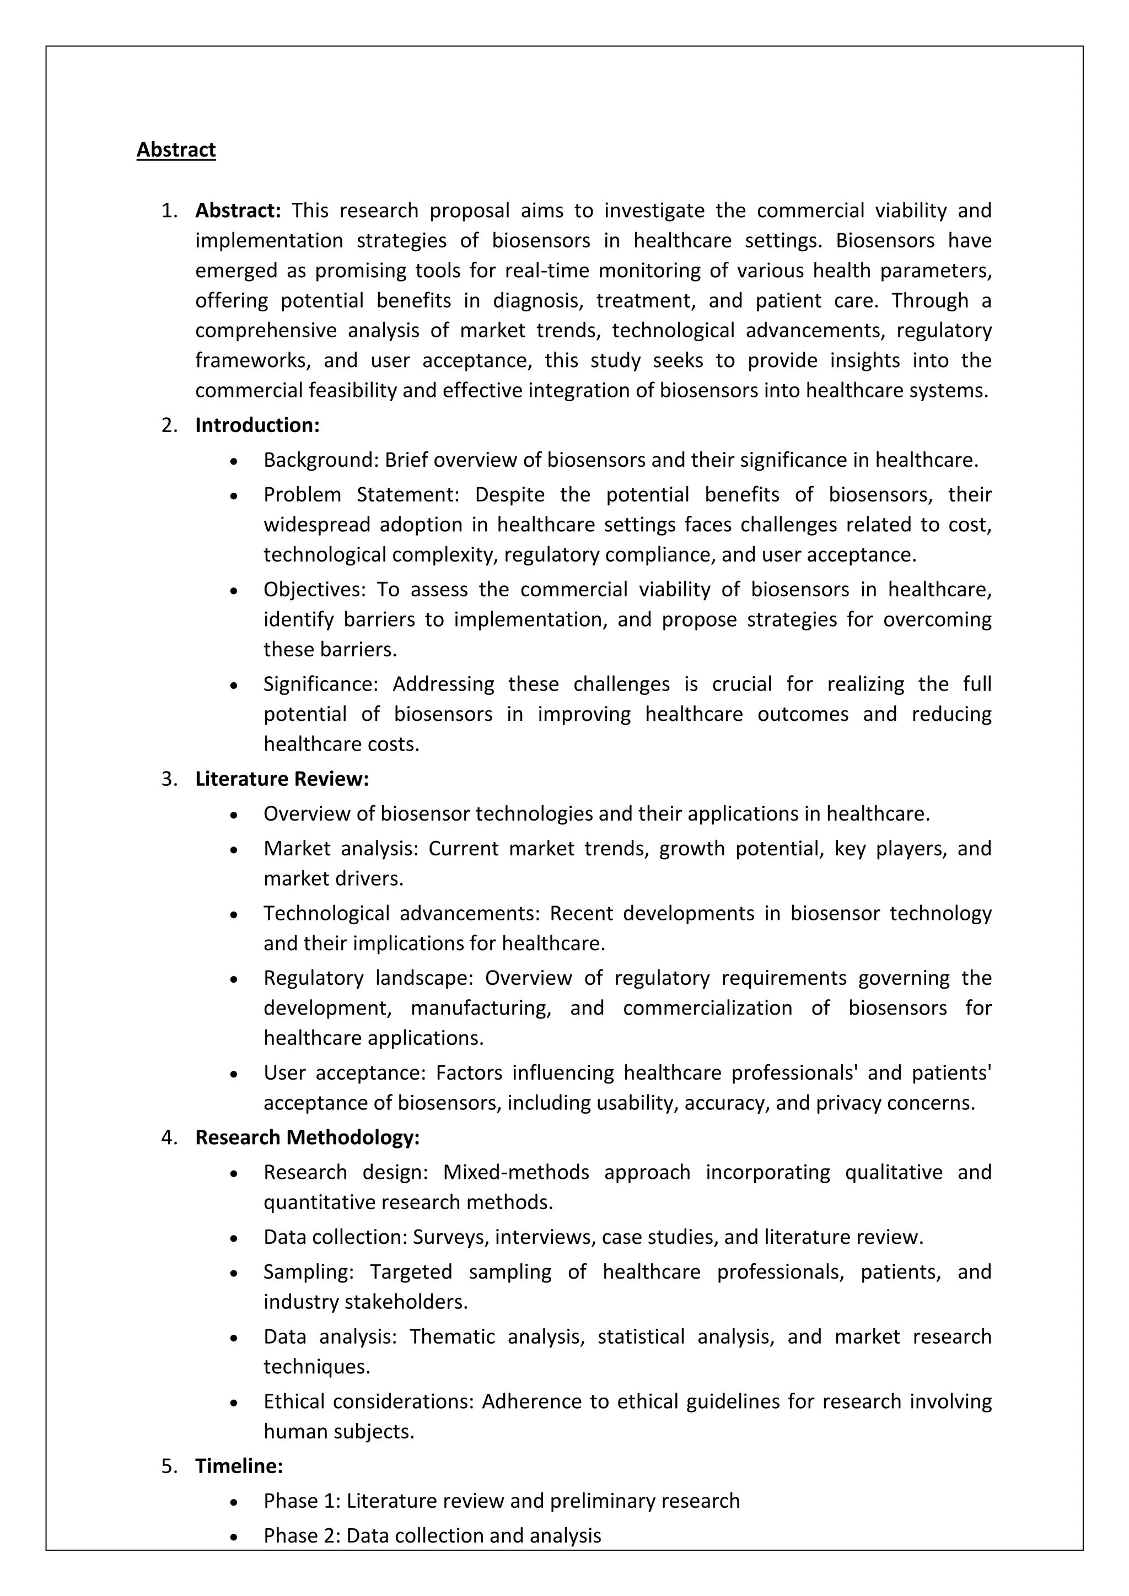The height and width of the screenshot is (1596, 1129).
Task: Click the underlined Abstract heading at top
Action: point(176,150)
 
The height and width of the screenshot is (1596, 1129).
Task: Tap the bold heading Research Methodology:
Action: point(307,1138)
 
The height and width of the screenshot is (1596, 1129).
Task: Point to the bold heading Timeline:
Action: point(239,1466)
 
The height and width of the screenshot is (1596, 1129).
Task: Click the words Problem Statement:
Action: point(362,495)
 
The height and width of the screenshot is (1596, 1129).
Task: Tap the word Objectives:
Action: point(314,590)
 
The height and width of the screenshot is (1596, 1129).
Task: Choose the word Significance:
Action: point(320,684)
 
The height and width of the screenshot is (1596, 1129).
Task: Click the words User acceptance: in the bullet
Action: point(344,1072)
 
